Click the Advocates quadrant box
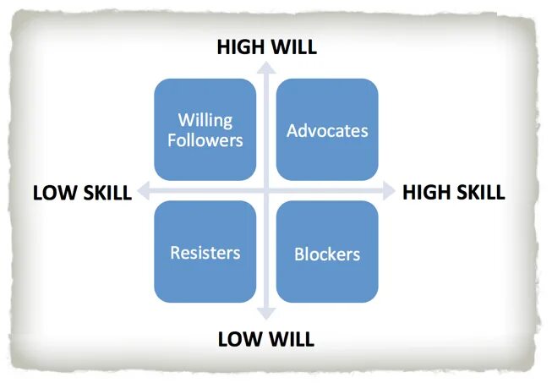pyautogui.click(x=327, y=129)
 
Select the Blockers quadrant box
pyautogui.click(x=327, y=252)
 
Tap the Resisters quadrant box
pyautogui.click(x=205, y=252)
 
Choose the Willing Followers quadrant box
pyautogui.click(x=205, y=129)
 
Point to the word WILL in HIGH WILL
pyautogui.click(x=294, y=47)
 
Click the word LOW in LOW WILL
pyautogui.click(x=240, y=340)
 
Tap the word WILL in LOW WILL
pyautogui.click(x=291, y=340)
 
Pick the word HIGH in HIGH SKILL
pyautogui.click(x=428, y=192)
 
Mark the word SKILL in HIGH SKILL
pyautogui.click(x=480, y=192)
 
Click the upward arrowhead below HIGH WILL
pyautogui.click(x=266, y=68)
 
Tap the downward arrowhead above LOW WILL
pyautogui.click(x=266, y=319)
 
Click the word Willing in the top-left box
pyautogui.click(x=205, y=120)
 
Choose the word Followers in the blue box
pyautogui.click(x=205, y=140)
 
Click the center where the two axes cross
pyautogui.click(x=266, y=191)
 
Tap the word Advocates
pyautogui.click(x=327, y=131)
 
